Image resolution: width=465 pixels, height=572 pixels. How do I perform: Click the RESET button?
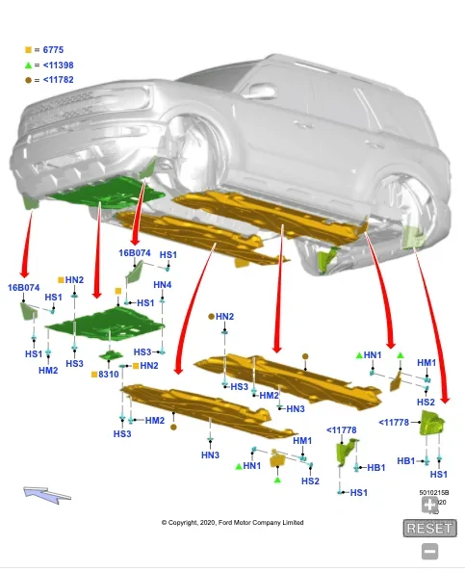click(x=428, y=528)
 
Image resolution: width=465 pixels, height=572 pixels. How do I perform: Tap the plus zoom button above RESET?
click(x=429, y=504)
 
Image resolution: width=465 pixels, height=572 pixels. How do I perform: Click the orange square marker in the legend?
click(x=28, y=48)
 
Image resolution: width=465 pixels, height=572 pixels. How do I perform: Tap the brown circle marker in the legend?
click(x=28, y=81)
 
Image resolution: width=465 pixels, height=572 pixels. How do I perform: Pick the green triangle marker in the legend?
click(x=28, y=65)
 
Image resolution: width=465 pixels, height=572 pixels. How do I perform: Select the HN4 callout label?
click(x=162, y=285)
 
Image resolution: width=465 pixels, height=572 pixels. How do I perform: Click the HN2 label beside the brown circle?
click(x=223, y=316)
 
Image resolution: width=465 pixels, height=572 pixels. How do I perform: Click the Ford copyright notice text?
click(x=232, y=523)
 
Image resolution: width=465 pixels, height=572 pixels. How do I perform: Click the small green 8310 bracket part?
click(x=114, y=357)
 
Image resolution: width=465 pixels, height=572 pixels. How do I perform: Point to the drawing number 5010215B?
click(x=433, y=492)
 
